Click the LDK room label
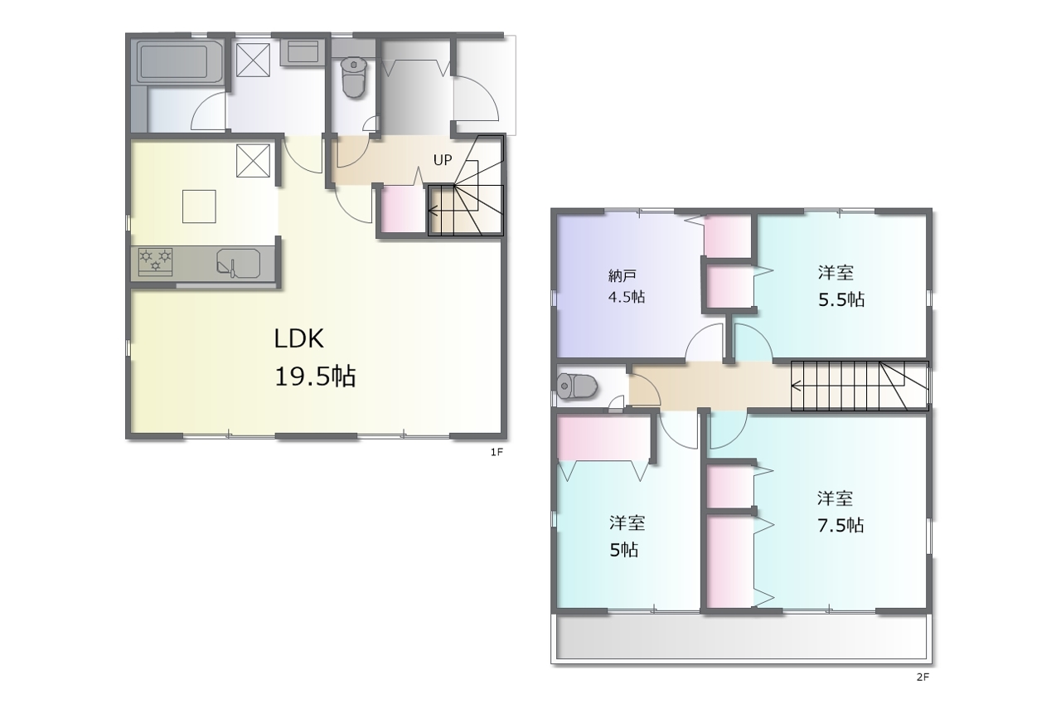tap(299, 339)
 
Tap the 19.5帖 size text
tap(315, 377)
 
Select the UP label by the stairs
tap(443, 160)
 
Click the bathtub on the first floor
tap(181, 62)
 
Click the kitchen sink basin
tap(239, 263)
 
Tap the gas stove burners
tap(155, 261)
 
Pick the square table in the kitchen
tap(199, 206)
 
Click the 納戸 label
tap(622, 275)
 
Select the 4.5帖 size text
tap(626, 297)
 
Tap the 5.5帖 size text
tap(841, 299)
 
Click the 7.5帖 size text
tap(841, 525)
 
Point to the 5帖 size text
tap(623, 550)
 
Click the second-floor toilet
tap(576, 386)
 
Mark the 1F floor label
tap(497, 452)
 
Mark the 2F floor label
tap(923, 677)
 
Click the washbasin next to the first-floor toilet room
tap(303, 52)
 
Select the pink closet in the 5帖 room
tap(603, 438)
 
